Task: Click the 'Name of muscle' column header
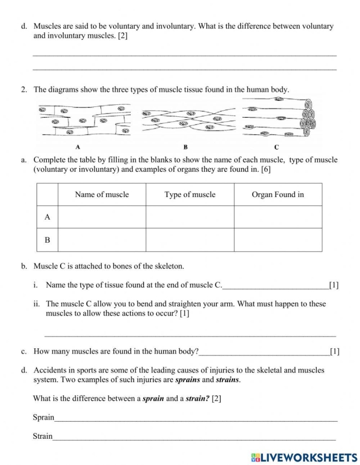coord(102,194)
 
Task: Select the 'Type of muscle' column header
coord(190,194)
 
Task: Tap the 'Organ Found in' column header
coord(278,194)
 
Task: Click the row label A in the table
coord(47,217)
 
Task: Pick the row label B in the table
coord(47,240)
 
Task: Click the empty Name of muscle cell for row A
coord(102,217)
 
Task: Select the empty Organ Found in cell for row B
coord(278,240)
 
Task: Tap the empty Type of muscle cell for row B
coord(190,240)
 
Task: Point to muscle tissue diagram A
coord(84,121)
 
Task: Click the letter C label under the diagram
coord(277,147)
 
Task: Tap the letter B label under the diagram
coord(186,147)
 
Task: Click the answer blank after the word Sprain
coord(195,419)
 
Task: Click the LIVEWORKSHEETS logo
coord(304,456)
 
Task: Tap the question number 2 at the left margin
coord(24,90)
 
